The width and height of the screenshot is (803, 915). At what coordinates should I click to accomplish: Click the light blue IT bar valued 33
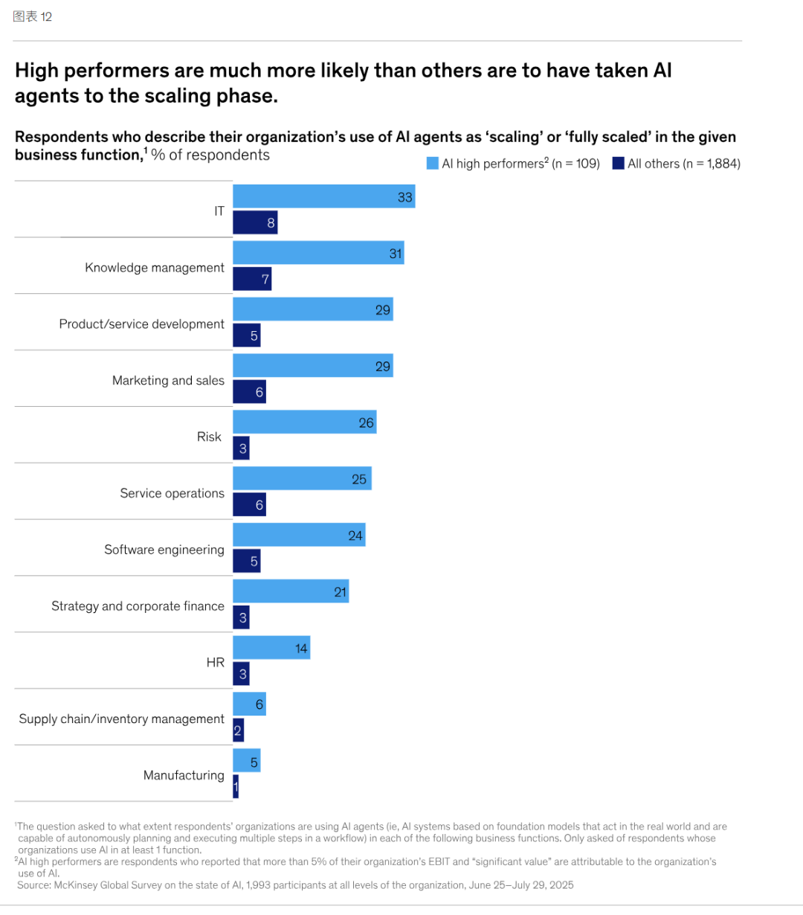[323, 196]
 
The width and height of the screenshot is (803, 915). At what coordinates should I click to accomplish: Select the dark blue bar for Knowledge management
[252, 279]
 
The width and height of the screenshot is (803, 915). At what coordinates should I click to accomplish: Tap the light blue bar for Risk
[304, 422]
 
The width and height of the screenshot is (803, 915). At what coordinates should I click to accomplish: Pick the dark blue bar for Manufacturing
[236, 787]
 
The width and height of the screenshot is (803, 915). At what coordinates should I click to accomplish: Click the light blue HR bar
[271, 648]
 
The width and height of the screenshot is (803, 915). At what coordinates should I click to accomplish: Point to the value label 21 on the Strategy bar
[341, 592]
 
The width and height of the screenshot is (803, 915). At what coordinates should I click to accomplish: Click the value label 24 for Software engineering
[355, 536]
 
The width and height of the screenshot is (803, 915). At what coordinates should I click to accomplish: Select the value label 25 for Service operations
[359, 479]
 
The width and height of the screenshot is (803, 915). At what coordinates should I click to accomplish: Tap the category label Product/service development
[141, 324]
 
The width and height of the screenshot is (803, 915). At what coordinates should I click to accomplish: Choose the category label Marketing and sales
[168, 380]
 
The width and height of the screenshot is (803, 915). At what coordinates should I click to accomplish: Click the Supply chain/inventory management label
[121, 719]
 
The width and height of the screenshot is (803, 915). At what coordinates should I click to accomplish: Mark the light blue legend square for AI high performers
[433, 164]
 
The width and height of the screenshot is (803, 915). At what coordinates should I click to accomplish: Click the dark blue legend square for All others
[619, 164]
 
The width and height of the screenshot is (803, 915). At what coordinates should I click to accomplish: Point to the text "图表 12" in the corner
[33, 16]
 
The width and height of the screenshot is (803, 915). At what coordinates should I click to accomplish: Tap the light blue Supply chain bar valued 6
[249, 704]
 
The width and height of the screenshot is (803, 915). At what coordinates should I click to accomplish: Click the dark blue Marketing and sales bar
[249, 392]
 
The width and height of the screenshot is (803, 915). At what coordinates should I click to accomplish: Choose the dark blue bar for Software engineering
[247, 562]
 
